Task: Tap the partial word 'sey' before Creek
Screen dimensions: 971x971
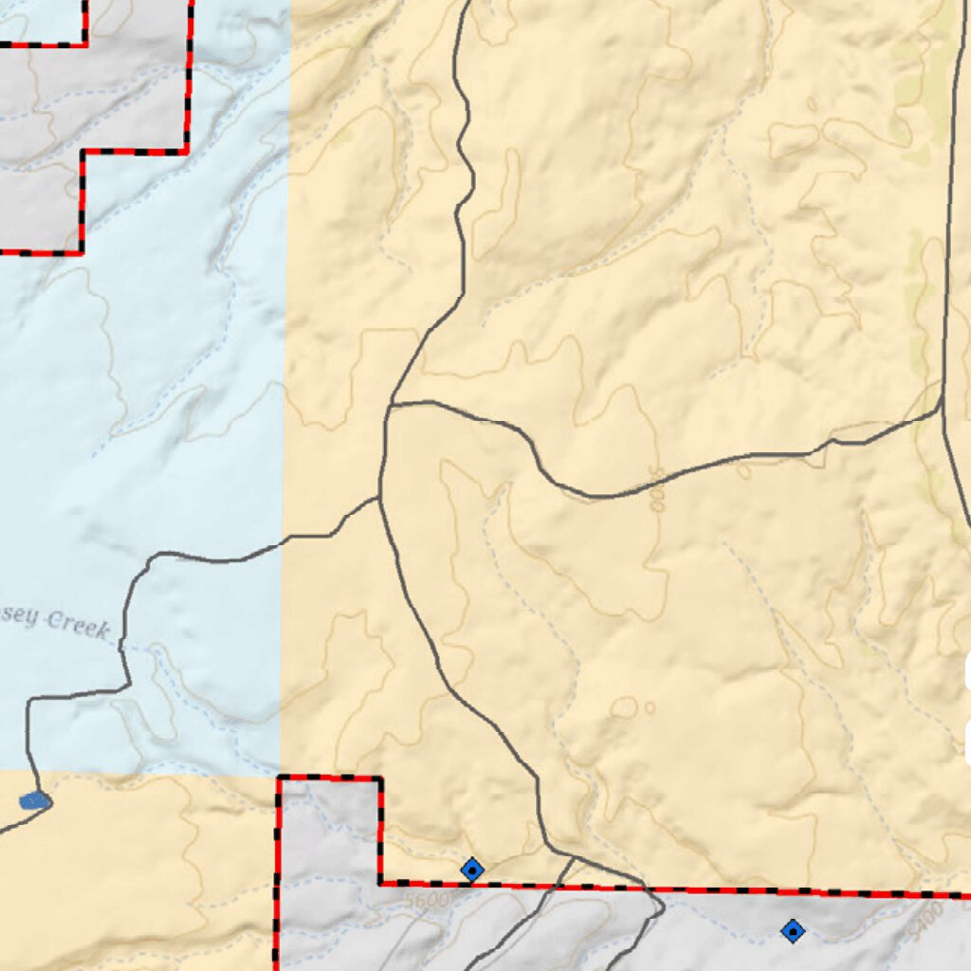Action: tap(19, 617)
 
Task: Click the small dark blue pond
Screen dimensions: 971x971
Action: tap(35, 801)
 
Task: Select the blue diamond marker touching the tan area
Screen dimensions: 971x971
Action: tap(472, 869)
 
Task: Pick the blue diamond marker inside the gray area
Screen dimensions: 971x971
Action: tap(792, 931)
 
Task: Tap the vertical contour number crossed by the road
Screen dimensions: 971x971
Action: tap(655, 487)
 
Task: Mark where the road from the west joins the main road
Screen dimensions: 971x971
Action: tap(379, 498)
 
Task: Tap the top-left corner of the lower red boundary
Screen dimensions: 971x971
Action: tap(279, 779)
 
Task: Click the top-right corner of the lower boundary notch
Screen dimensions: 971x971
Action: tap(381, 779)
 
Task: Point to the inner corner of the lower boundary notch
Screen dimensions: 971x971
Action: tap(381, 884)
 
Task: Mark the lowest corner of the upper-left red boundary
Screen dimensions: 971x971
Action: tap(82, 252)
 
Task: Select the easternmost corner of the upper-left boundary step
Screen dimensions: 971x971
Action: tap(187, 150)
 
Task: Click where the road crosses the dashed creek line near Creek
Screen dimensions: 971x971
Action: tap(122, 648)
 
